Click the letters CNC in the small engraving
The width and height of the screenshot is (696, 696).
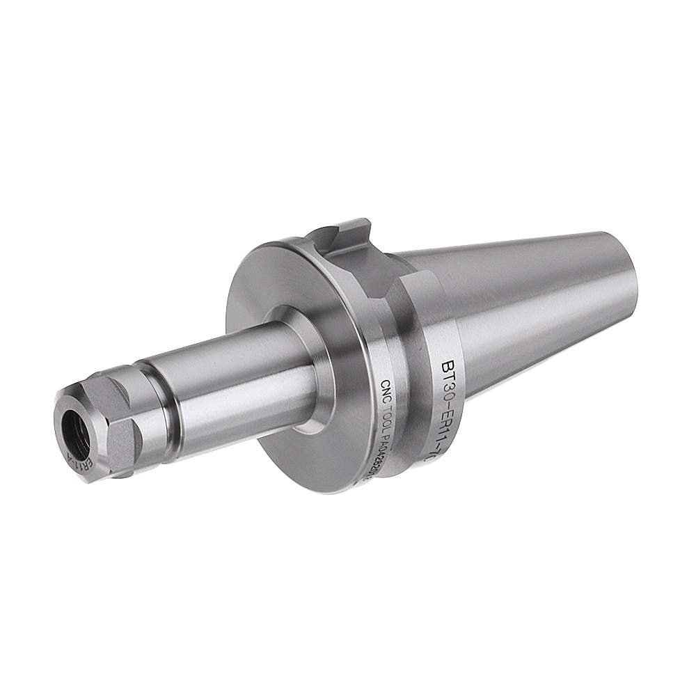(x=384, y=390)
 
